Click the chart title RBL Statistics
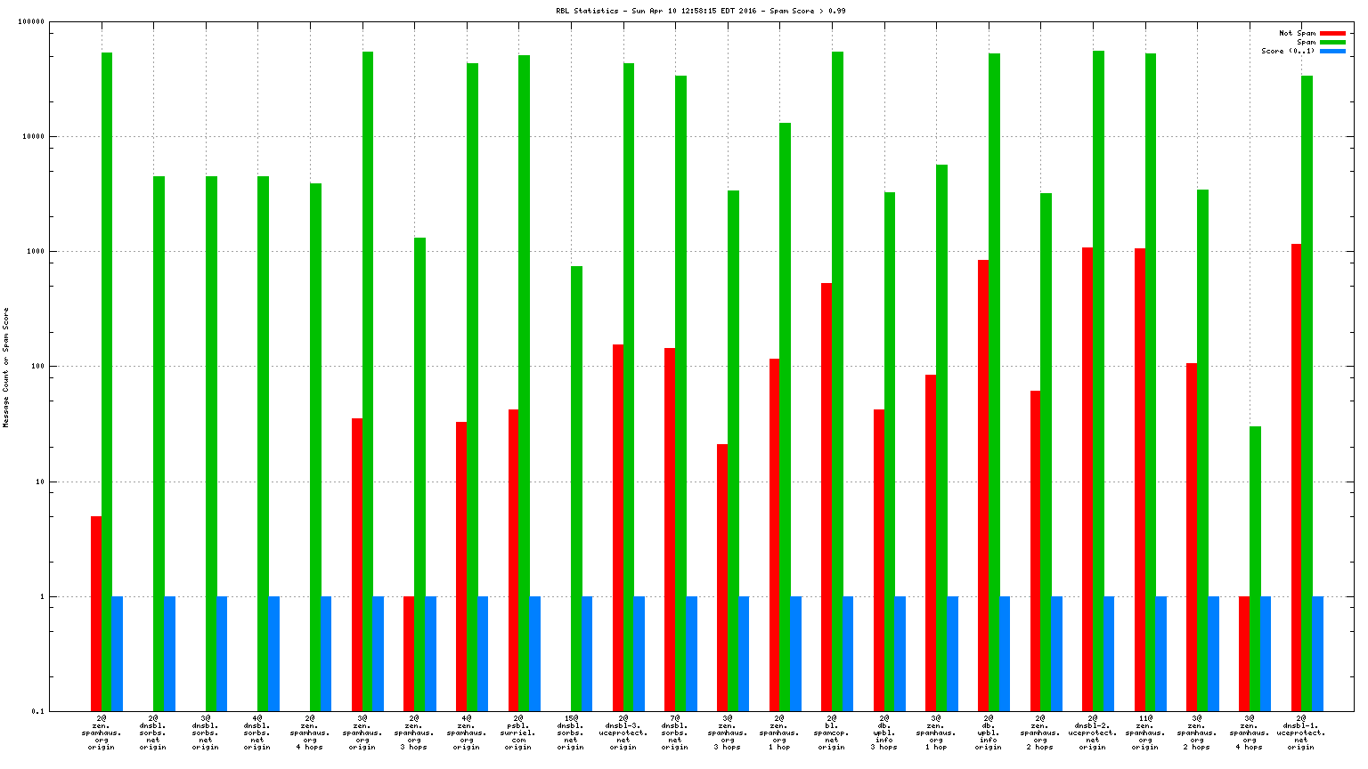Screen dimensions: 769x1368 coord(700,11)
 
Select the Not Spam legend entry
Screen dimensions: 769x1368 coord(1297,33)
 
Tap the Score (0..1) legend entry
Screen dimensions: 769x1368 coord(1287,51)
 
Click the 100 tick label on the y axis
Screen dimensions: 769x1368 coord(37,367)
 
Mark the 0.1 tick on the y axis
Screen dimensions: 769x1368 coord(38,711)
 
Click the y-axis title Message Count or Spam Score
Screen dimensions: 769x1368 coord(6,368)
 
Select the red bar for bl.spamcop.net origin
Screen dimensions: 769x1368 coord(826,497)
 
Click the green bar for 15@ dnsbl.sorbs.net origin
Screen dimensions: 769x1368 coord(576,488)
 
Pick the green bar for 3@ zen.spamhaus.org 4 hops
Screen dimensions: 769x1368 coord(1255,568)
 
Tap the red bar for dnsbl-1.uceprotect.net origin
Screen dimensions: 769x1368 coord(1296,477)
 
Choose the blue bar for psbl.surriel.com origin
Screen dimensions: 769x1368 coord(535,653)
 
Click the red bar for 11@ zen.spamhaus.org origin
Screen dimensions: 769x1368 coord(1140,479)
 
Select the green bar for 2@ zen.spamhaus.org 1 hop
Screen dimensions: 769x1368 coord(785,417)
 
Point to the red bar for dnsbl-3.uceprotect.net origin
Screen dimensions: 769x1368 coord(618,527)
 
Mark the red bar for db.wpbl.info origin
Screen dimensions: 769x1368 coord(983,485)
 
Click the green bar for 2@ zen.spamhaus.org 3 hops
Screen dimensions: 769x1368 coord(419,474)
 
